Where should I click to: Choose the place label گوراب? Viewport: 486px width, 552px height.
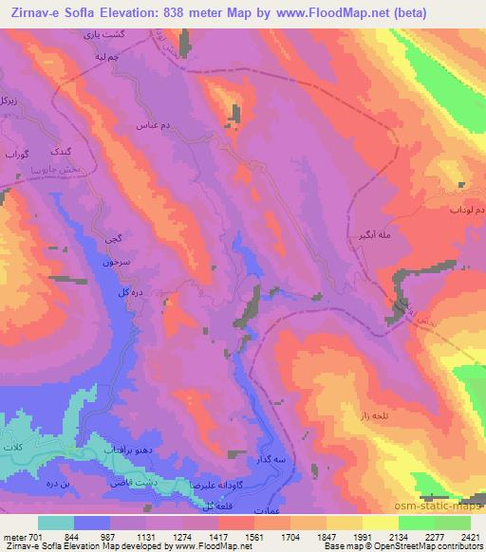pos(19,152)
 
